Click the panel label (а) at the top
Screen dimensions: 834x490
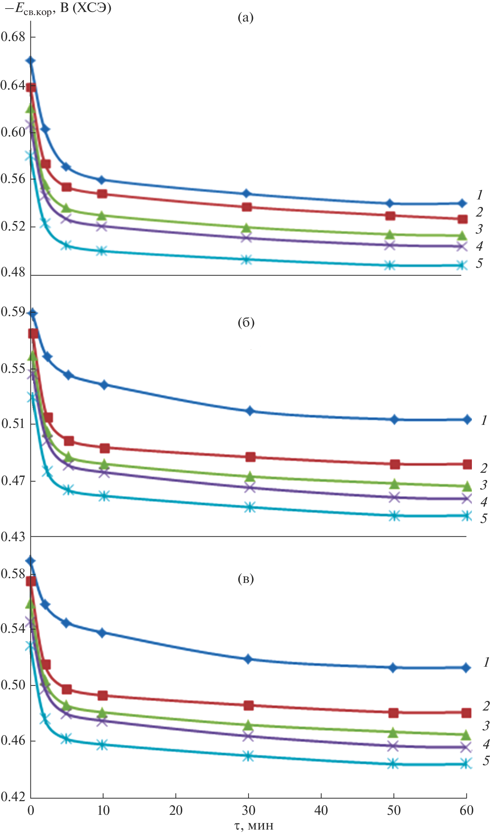click(246, 17)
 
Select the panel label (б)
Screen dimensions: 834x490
click(246, 322)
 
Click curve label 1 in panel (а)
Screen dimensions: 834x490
click(480, 195)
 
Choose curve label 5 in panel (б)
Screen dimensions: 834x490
click(484, 518)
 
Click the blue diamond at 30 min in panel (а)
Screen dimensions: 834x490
click(246, 194)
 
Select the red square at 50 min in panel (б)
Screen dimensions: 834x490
click(395, 464)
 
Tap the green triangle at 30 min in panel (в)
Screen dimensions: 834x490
click(249, 725)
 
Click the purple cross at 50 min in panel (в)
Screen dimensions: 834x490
click(393, 746)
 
